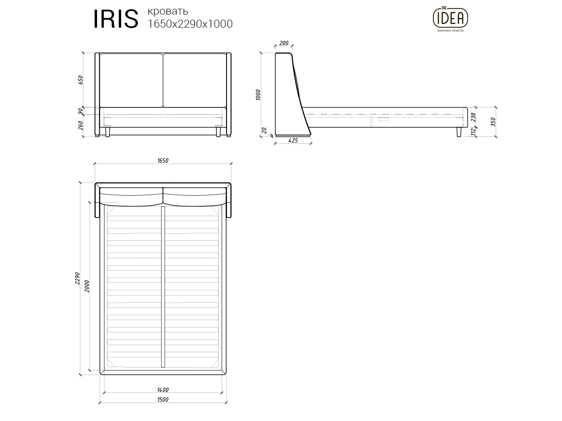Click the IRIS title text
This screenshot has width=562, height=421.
click(115, 19)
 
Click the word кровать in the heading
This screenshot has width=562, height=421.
click(168, 11)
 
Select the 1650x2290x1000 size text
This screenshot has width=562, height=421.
click(190, 24)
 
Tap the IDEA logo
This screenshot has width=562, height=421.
click(450, 18)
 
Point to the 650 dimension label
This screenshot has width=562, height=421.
click(80, 80)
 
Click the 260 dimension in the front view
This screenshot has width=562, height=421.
click(80, 125)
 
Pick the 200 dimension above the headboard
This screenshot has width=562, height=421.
click(284, 43)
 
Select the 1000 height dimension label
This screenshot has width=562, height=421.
click(258, 95)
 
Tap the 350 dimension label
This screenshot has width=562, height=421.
click(493, 121)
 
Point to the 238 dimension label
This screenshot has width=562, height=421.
click(473, 118)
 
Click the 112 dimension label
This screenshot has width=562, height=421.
click(473, 132)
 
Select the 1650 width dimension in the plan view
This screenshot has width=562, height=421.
click(162, 161)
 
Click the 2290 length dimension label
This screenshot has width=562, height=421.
click(78, 278)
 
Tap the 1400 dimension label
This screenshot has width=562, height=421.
click(162, 390)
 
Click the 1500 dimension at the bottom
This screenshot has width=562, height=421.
click(162, 400)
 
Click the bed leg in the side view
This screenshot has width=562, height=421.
click(459, 132)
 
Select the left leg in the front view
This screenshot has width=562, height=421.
click(107, 132)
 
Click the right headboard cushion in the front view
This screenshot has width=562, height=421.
click(195, 80)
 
